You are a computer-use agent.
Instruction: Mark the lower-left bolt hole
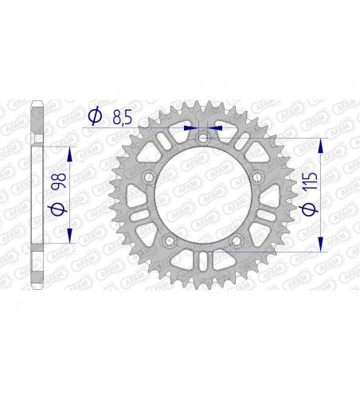point(168,242)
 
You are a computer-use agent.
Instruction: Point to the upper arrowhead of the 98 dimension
point(72,154)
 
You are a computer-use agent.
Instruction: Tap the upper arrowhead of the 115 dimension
point(323,144)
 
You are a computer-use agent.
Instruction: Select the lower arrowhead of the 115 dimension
point(323,248)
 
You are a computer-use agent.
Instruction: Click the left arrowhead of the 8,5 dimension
point(189,127)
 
